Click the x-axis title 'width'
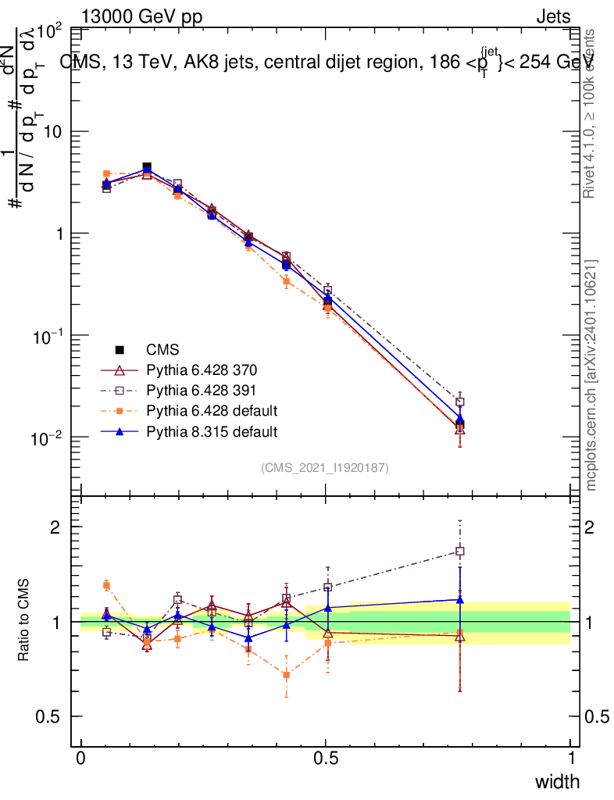tap(557, 781)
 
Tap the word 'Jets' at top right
tap(552, 17)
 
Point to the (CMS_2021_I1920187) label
tap(325, 468)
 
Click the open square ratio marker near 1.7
tap(460, 552)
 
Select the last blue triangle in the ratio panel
tap(460, 600)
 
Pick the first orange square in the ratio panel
tap(107, 585)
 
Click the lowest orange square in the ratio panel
tap(287, 675)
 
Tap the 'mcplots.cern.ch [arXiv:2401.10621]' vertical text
tap(591, 375)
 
